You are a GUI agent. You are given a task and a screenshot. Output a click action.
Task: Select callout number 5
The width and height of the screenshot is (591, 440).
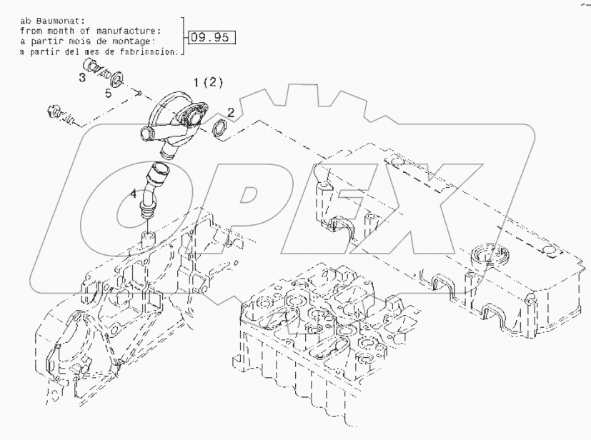[109, 93]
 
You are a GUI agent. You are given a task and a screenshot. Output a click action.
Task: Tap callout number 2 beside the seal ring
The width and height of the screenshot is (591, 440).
[231, 111]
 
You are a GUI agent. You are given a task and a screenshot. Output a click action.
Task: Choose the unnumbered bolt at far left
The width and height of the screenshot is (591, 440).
[59, 114]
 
